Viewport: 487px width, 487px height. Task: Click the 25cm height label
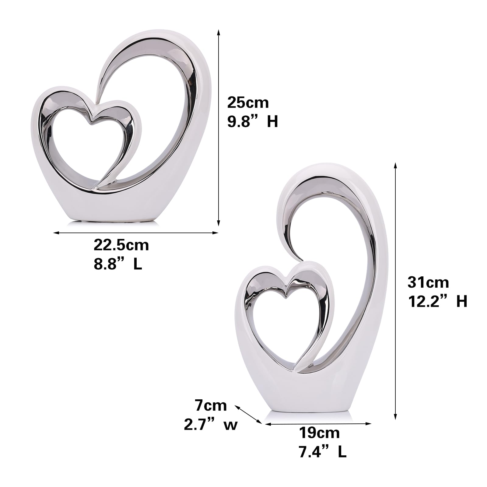(248, 103)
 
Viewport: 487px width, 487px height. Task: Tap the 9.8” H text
(253, 122)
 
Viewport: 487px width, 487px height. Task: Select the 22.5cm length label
(121, 245)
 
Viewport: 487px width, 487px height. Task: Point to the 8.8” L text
(118, 264)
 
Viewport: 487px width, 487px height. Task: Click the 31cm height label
(428, 282)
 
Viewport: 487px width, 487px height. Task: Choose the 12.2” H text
(437, 301)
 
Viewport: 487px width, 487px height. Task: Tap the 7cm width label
(211, 405)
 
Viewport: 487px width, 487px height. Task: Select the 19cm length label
(319, 433)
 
